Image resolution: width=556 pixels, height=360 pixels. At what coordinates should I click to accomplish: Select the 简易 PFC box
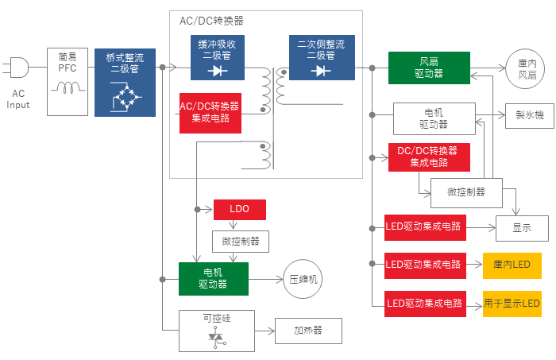click(68, 82)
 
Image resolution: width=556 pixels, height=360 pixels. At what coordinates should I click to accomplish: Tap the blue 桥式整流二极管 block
click(125, 83)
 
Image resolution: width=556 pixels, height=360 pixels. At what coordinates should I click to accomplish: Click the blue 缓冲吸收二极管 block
click(218, 57)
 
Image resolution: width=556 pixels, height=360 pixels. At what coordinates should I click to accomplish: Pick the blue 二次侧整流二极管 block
click(322, 57)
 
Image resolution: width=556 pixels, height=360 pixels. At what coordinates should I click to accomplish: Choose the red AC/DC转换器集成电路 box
click(210, 113)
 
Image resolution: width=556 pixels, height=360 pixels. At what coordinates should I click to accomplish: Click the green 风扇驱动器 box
click(429, 68)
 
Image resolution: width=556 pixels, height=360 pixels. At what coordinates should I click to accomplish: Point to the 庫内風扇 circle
click(525, 69)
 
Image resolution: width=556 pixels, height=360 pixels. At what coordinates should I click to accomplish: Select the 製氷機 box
click(530, 115)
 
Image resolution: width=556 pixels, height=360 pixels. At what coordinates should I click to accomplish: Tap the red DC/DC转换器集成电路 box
click(429, 157)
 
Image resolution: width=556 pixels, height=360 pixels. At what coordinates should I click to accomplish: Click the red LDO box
click(240, 210)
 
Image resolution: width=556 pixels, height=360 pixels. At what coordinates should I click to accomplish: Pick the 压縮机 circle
click(303, 279)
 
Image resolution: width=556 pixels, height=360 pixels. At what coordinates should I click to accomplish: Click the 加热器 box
click(308, 331)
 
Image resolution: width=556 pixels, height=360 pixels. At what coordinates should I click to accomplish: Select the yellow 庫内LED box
click(512, 265)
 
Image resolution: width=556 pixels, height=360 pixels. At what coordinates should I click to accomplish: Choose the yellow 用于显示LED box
click(512, 304)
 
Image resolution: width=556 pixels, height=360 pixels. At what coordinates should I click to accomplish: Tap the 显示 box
click(522, 228)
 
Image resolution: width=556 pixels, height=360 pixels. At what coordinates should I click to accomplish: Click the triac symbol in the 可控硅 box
click(216, 337)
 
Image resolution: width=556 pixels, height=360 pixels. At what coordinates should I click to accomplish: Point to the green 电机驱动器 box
click(214, 279)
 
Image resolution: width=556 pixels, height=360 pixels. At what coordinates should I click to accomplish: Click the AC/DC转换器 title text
click(212, 21)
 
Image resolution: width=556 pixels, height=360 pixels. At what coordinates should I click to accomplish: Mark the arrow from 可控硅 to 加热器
click(264, 331)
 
